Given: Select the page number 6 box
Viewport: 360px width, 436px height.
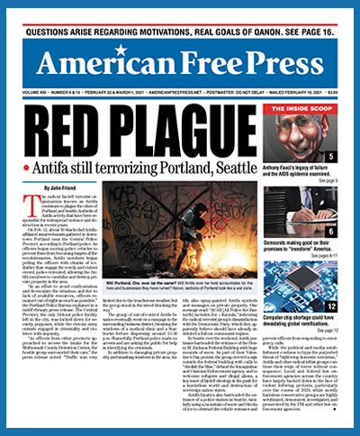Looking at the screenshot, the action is (333, 232).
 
